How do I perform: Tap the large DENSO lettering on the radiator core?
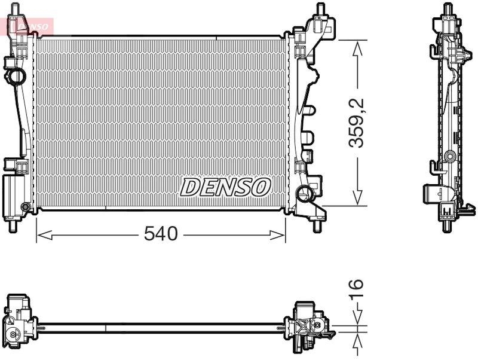[x=225, y=187]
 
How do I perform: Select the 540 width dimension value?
[x=161, y=234]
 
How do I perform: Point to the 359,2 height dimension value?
[x=357, y=123]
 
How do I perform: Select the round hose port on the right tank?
[x=304, y=193]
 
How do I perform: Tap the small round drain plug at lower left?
[x=25, y=208]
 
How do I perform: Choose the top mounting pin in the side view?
[x=446, y=8]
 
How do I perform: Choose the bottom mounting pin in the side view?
[x=446, y=225]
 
